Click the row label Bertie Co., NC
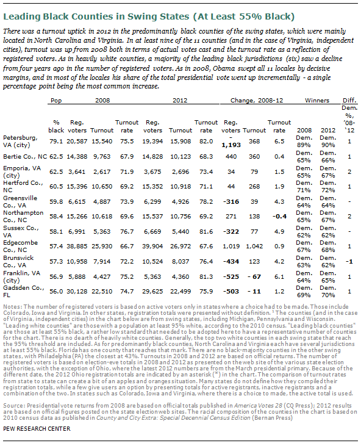tap(25, 157)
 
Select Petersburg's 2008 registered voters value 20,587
tap(77, 142)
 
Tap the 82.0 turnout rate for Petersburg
tap(206, 142)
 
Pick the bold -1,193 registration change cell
tap(231, 142)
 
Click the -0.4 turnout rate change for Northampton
tap(279, 217)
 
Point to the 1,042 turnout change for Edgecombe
tap(254, 247)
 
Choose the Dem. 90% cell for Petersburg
tap(327, 142)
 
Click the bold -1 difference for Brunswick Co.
tap(349, 261)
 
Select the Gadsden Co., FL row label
tap(24, 291)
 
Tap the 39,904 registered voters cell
tap(152, 247)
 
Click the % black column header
tap(56, 126)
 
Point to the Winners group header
tap(317, 100)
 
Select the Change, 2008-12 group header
tap(257, 100)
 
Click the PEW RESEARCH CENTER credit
tap(37, 428)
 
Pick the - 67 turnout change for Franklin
tap(254, 276)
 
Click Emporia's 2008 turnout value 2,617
tap(102, 172)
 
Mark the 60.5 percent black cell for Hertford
tap(56, 187)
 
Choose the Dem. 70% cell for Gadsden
tap(327, 291)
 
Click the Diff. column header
tap(349, 100)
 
